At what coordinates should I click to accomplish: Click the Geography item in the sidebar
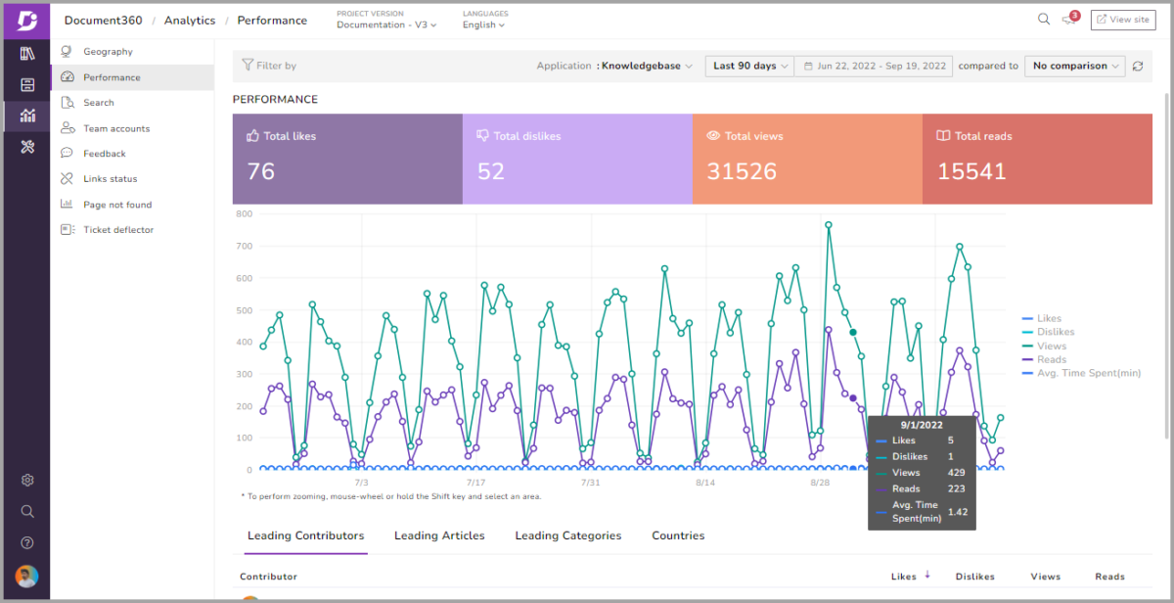click(108, 52)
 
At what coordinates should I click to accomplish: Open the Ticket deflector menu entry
click(117, 230)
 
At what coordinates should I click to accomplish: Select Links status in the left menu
click(110, 179)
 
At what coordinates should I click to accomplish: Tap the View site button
click(1122, 20)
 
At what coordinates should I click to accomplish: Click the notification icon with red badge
click(1069, 20)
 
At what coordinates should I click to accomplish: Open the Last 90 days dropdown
click(749, 66)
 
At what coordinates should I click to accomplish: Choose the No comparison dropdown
click(1075, 66)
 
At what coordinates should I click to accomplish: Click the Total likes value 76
click(261, 171)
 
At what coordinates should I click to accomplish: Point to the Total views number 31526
click(742, 171)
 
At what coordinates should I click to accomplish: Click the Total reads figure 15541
click(971, 171)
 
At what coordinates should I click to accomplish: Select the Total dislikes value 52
click(491, 171)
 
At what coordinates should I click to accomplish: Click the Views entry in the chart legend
click(1051, 346)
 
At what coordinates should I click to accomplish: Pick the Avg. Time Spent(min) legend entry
click(1088, 373)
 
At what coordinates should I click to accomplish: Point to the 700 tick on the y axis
click(243, 246)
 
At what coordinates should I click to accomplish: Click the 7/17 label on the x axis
click(475, 483)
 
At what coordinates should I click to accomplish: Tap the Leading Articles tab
click(439, 535)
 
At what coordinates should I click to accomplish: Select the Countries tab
click(678, 535)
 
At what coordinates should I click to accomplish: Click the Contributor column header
click(268, 577)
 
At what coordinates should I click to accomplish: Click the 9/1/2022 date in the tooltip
click(922, 425)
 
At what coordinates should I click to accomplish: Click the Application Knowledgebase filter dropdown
click(646, 66)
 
